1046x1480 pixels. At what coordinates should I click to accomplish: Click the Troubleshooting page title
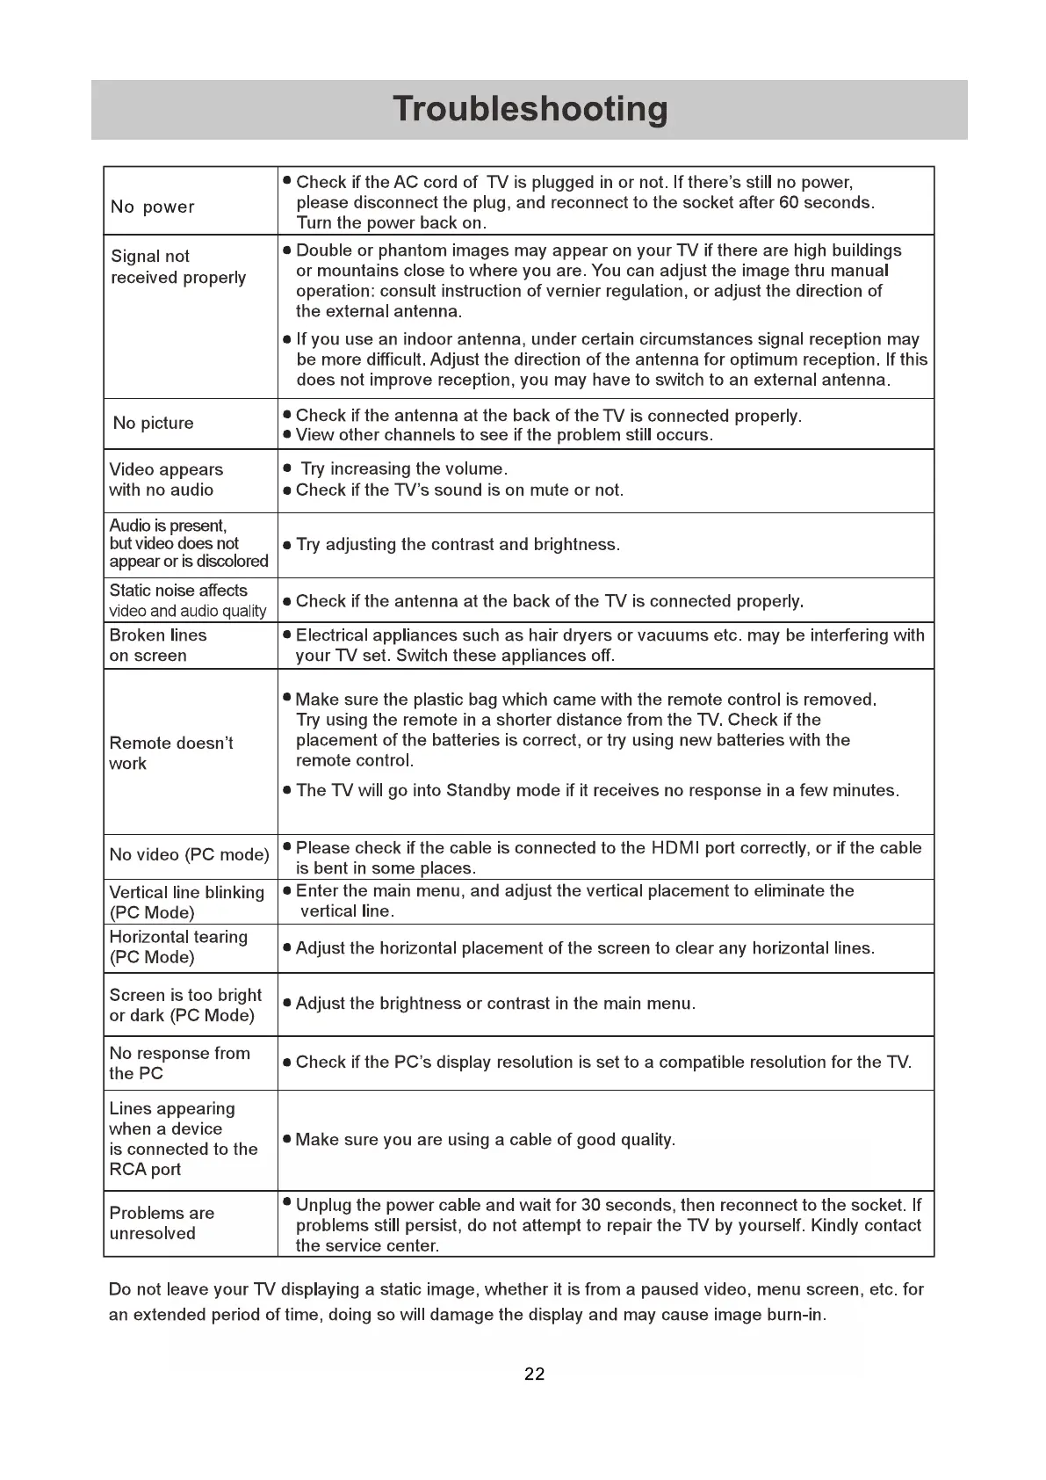click(x=530, y=109)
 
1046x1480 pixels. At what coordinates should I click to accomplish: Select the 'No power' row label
click(x=153, y=207)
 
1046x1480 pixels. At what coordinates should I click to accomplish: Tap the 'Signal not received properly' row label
click(x=178, y=267)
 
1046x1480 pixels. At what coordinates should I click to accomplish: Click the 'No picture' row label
click(x=154, y=424)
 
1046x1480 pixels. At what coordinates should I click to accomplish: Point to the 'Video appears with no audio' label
click(x=166, y=480)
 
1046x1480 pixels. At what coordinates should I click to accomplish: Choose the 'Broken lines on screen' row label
click(x=158, y=645)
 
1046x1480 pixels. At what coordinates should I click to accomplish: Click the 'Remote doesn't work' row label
click(x=171, y=753)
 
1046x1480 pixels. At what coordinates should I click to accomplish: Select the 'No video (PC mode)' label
click(x=189, y=855)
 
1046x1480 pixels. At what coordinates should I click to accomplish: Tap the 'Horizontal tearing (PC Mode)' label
click(x=178, y=947)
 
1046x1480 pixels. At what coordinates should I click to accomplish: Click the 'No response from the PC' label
click(x=179, y=1063)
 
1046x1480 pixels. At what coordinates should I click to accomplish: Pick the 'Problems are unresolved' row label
click(x=162, y=1223)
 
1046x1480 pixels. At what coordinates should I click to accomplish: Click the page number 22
click(x=534, y=1375)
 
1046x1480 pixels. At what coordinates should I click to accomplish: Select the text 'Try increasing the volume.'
click(x=404, y=469)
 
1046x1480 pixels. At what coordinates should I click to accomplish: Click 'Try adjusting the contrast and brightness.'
click(x=458, y=545)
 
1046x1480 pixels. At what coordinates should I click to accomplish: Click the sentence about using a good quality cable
click(x=486, y=1141)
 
